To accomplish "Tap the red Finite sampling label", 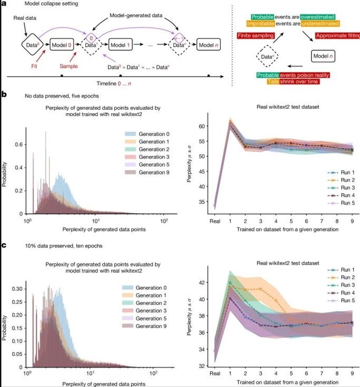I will [262, 35].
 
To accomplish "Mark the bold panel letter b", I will [4, 94].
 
